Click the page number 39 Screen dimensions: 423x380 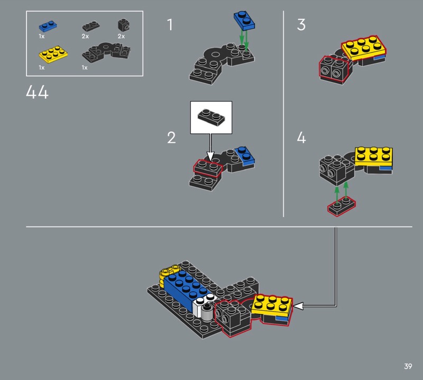pos(408,366)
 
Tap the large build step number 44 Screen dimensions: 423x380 pos(37,92)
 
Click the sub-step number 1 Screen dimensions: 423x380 pos(170,24)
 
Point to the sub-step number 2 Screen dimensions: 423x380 pos(171,138)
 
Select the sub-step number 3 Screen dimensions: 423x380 pos(301,24)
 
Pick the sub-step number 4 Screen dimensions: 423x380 pos(301,138)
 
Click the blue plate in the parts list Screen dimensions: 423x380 pos(48,26)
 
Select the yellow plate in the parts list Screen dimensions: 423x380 pos(53,55)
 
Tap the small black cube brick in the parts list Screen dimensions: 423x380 pos(124,25)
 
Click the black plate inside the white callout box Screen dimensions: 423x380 pos(211,117)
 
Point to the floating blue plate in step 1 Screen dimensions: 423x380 pos(244,21)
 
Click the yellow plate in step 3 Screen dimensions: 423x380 pos(364,47)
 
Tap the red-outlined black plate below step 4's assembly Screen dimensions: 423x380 pos(342,206)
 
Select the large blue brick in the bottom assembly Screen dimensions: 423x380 pos(186,292)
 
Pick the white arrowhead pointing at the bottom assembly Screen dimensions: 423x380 pos(298,306)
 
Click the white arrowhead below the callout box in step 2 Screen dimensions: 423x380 pos(210,157)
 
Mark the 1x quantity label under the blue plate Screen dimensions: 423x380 pos(42,36)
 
